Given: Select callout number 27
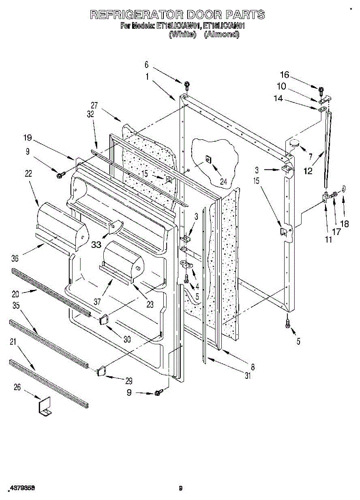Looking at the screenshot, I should [95, 105].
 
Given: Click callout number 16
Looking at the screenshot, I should [285, 75].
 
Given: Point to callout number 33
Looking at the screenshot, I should [96, 245].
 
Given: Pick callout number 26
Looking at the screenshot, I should [17, 387].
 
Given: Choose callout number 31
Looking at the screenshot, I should [248, 376].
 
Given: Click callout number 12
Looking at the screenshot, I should [308, 171].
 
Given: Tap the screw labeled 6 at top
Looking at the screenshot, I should [187, 85].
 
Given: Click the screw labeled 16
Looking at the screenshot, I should [321, 90].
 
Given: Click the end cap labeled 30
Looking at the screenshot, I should [104, 320].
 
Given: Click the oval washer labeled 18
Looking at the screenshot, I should [344, 188].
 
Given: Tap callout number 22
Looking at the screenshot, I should [28, 174].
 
